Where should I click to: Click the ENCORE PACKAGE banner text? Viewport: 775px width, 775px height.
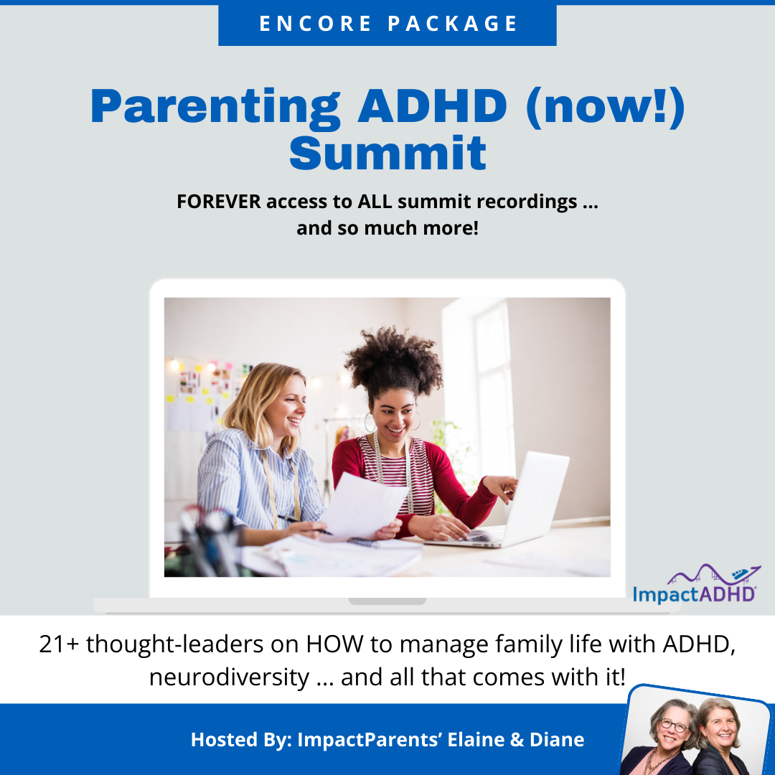(x=388, y=23)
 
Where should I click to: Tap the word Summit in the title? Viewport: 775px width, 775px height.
(x=388, y=153)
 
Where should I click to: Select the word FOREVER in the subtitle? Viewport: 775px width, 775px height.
(x=219, y=202)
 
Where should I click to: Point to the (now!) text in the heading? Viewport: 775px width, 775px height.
(x=606, y=107)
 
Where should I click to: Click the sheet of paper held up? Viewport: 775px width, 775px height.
(x=363, y=506)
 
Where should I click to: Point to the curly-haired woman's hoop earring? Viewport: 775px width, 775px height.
(x=370, y=423)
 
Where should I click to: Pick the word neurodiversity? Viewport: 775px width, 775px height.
(x=229, y=677)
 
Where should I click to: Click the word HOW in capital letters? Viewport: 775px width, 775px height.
(x=334, y=644)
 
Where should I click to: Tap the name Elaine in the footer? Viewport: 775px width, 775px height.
(x=476, y=740)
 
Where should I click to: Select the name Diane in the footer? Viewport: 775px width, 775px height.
(x=557, y=740)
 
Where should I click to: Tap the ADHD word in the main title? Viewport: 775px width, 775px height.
(x=433, y=106)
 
